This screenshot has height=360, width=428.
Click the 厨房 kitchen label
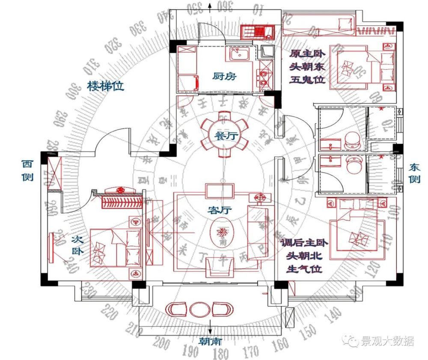(225, 76)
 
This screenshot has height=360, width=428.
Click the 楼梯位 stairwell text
(106, 86)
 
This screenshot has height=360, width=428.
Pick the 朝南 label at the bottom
(210, 341)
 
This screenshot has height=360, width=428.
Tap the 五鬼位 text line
(307, 80)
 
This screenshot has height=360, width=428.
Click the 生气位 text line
(305, 269)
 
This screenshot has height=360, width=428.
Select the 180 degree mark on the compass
(221, 354)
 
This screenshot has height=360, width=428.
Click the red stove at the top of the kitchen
(257, 32)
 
